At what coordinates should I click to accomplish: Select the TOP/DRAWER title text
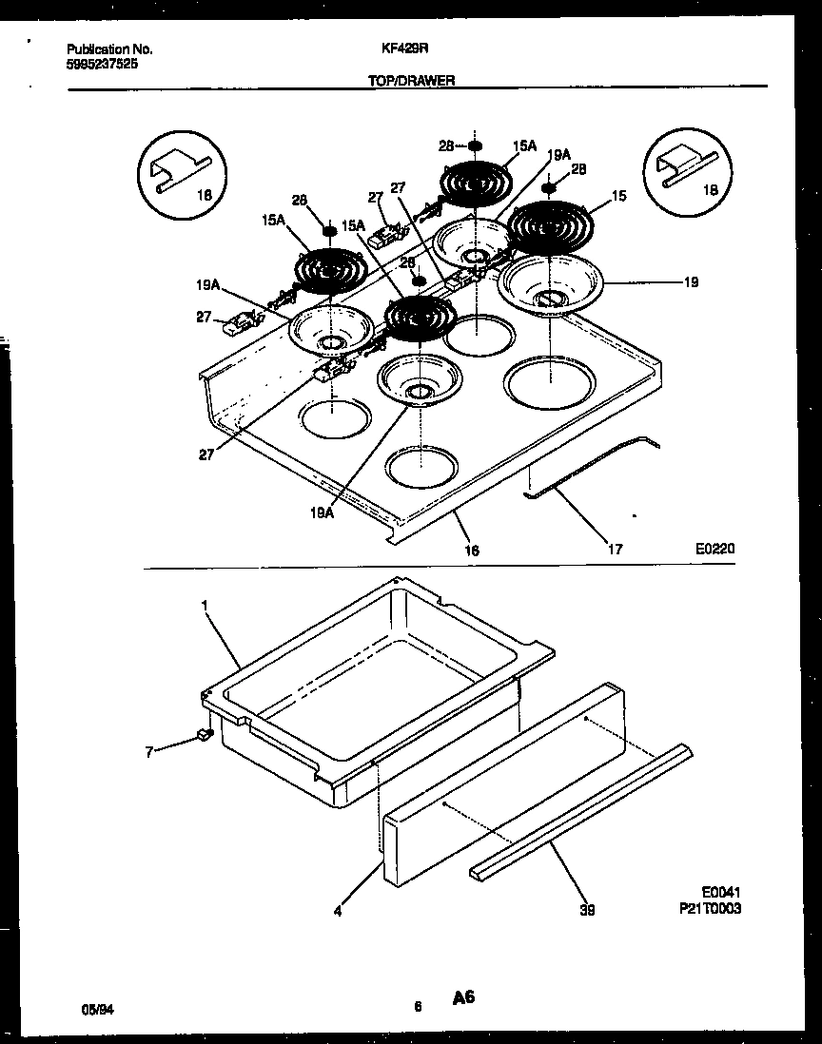tap(411, 82)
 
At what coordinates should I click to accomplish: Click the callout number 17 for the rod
tap(616, 548)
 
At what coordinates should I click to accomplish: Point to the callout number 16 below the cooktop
tap(473, 550)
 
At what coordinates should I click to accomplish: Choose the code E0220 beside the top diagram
tap(715, 549)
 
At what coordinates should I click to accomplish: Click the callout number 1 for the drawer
tap(204, 604)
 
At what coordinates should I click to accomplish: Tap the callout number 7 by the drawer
tap(148, 752)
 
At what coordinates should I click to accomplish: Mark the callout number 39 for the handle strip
tap(587, 910)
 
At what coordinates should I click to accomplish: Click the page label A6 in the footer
tap(463, 997)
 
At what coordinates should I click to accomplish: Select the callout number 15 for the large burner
tap(618, 196)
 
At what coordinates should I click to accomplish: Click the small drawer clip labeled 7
tap(202, 734)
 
